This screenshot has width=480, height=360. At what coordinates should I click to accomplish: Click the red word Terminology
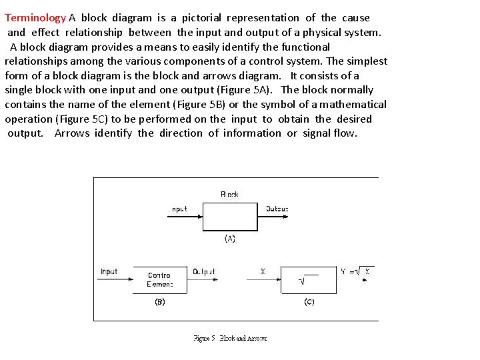(35, 18)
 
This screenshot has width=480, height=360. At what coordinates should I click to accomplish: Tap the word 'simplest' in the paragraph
(365, 61)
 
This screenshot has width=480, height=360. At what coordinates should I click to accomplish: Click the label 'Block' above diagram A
(229, 195)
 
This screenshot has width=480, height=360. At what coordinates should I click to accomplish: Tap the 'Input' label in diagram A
(179, 209)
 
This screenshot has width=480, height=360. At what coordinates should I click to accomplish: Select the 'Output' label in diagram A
(277, 209)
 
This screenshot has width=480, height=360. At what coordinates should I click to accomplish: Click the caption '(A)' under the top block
(229, 238)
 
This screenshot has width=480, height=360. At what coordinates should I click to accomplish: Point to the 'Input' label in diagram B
(109, 271)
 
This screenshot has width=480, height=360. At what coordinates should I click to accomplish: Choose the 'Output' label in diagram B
(203, 271)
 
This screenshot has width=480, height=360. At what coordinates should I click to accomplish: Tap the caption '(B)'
(159, 302)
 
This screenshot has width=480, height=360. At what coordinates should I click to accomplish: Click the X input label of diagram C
(263, 271)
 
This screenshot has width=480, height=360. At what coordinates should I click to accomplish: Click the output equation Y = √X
(355, 271)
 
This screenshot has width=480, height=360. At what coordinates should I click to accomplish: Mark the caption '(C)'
(309, 302)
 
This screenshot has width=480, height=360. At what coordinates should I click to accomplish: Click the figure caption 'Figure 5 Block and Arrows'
(230, 339)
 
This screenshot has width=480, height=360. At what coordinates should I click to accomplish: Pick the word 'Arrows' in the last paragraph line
(72, 133)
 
